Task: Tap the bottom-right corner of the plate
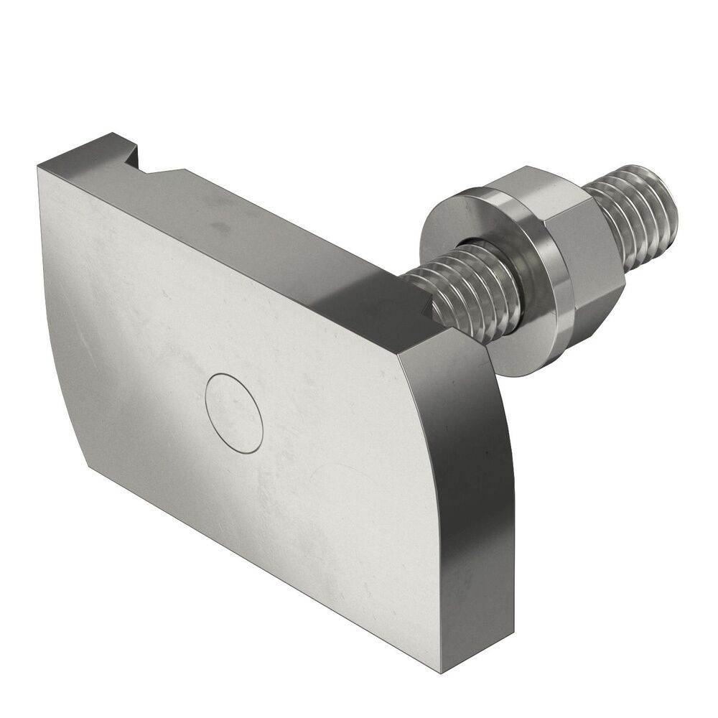tap(442, 671)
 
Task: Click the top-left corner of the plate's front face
tap(39, 166)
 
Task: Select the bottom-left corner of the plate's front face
tap(90, 466)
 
